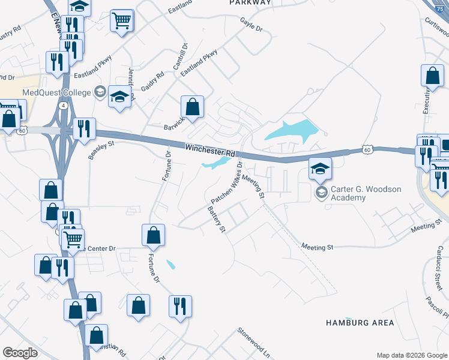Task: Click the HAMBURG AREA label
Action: (x=360, y=323)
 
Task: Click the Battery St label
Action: (x=215, y=220)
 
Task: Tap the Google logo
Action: (x=20, y=353)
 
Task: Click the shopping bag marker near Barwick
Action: (x=192, y=108)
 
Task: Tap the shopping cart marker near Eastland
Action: (x=121, y=21)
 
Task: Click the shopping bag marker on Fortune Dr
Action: (x=153, y=235)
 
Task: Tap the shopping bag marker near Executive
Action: (x=432, y=76)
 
